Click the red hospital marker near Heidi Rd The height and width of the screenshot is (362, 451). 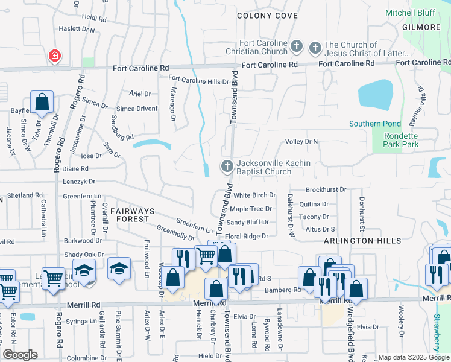tap(54, 56)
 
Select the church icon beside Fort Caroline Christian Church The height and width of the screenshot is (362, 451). tap(297, 46)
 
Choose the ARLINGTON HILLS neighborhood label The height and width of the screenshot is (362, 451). tap(362, 241)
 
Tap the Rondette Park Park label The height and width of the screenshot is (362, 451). tap(401, 140)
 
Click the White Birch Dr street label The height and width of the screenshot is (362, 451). tap(254, 195)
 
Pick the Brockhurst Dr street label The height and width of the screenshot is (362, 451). tap(326, 189)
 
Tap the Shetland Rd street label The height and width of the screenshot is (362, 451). tap(24, 196)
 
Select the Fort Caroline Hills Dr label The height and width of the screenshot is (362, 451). tap(198, 80)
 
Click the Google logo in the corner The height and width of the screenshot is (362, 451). tap(19, 355)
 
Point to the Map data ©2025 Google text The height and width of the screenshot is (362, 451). tap(413, 357)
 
